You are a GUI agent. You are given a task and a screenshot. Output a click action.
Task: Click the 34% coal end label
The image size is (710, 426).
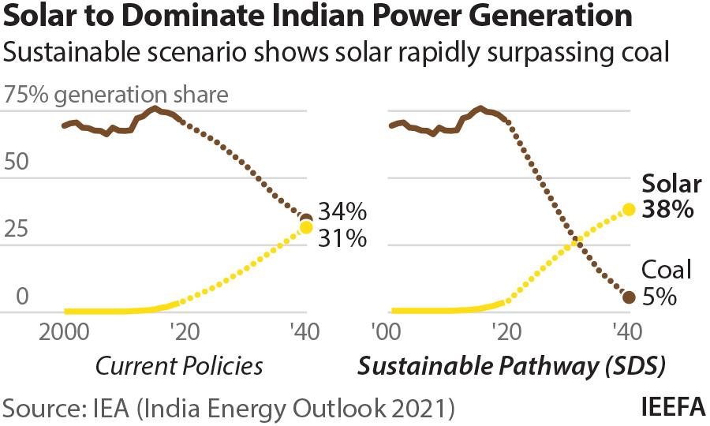pyautogui.click(x=342, y=212)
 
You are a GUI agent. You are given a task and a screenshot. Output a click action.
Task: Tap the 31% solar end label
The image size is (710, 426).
pyautogui.click(x=342, y=237)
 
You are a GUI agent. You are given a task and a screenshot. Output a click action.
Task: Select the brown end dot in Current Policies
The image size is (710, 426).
pyautogui.click(x=307, y=219)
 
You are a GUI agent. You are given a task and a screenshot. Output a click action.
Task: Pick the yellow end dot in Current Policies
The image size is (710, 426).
pyautogui.click(x=306, y=228)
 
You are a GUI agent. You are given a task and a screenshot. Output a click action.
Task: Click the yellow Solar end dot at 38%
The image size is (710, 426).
pyautogui.click(x=629, y=210)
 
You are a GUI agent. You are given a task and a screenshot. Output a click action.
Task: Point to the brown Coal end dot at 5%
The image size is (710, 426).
pyautogui.click(x=629, y=297)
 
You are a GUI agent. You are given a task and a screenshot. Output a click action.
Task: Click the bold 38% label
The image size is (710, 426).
pyautogui.click(x=667, y=210)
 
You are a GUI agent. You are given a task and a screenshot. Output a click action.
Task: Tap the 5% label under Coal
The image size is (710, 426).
pyautogui.click(x=659, y=297)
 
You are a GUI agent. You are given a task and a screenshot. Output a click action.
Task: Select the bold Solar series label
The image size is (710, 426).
pyautogui.click(x=671, y=184)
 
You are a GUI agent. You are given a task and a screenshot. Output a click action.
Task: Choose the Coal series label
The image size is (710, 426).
pyautogui.click(x=666, y=271)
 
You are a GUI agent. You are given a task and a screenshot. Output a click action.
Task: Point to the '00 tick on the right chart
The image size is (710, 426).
pyautogui.click(x=389, y=331)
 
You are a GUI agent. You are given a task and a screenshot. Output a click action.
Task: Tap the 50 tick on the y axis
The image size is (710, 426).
pyautogui.click(x=17, y=163)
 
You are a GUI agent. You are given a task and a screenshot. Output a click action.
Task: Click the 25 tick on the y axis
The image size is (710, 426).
pyautogui.click(x=17, y=230)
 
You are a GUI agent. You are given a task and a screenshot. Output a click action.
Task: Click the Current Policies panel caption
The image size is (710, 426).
pyautogui.click(x=178, y=366)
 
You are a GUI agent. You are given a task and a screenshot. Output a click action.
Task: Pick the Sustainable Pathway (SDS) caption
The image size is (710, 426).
pyautogui.click(x=512, y=366)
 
